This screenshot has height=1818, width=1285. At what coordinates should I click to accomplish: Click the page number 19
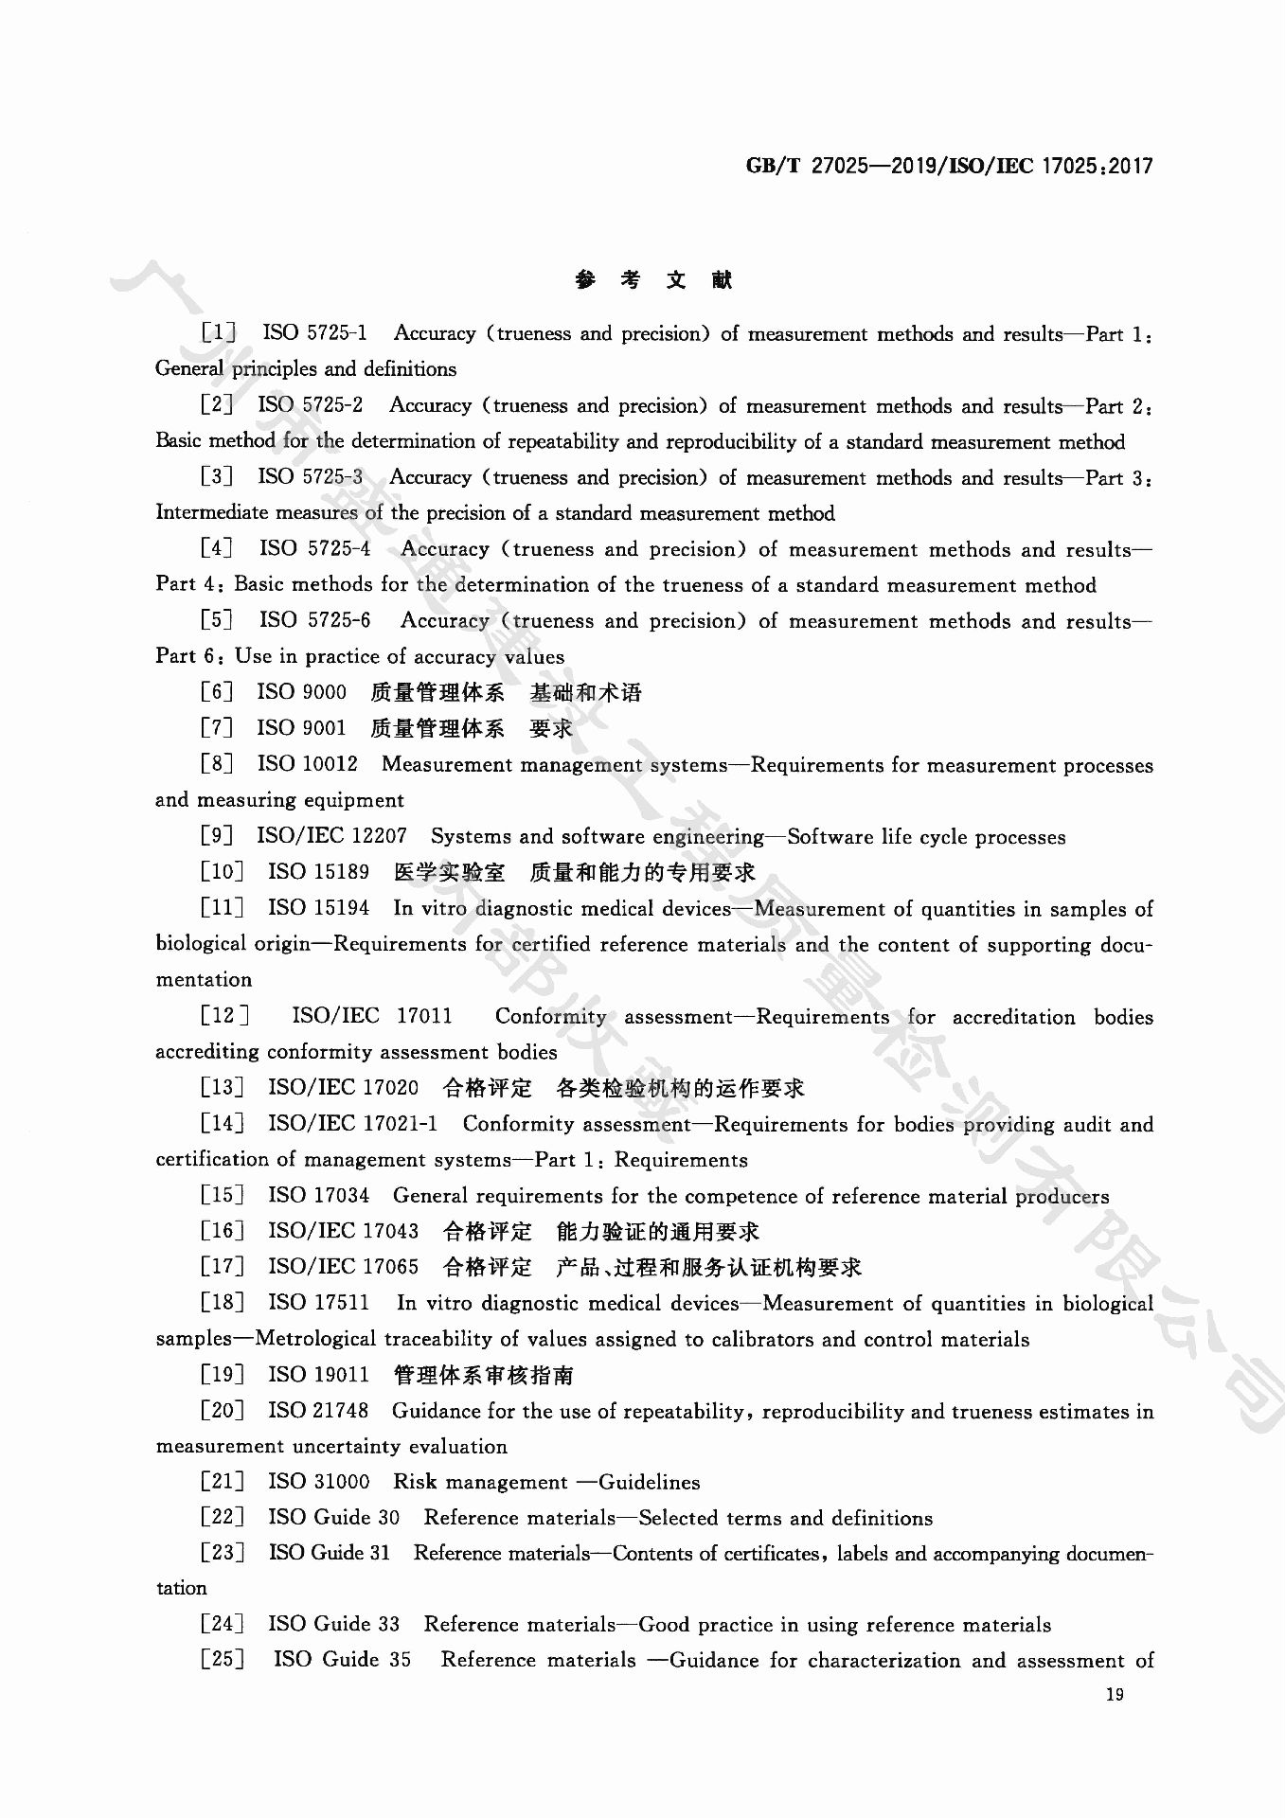coord(1115,1694)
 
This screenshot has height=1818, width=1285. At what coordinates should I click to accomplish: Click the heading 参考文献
coord(653,279)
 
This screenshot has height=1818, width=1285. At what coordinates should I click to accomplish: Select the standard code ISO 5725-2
coord(310,404)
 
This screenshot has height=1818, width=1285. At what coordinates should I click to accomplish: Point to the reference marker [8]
coord(217,763)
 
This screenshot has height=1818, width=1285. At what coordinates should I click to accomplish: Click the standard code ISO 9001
coord(301,727)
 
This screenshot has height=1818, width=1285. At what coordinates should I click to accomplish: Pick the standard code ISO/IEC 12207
coord(331,836)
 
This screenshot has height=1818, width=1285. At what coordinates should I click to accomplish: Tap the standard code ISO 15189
coord(318,872)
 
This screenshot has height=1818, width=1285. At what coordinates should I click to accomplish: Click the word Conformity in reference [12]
coord(550,1016)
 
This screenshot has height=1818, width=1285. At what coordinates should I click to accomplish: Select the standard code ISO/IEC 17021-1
coord(352,1124)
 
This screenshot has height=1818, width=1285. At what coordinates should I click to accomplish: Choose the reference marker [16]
coord(223,1231)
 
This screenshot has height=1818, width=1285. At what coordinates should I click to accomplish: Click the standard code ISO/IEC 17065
coord(343,1267)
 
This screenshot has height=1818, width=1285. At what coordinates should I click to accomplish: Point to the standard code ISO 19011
coord(318,1374)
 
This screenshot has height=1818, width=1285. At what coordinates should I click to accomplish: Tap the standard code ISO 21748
coord(318,1411)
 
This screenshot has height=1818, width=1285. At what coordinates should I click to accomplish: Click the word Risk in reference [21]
coord(416,1482)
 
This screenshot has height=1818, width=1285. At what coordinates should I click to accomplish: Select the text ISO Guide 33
coord(333,1624)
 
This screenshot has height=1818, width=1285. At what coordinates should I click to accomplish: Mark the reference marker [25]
coord(223,1660)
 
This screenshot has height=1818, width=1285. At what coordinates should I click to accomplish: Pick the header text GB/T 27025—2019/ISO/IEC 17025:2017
coord(950,167)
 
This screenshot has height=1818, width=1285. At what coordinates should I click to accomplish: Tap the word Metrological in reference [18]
coord(316,1339)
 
